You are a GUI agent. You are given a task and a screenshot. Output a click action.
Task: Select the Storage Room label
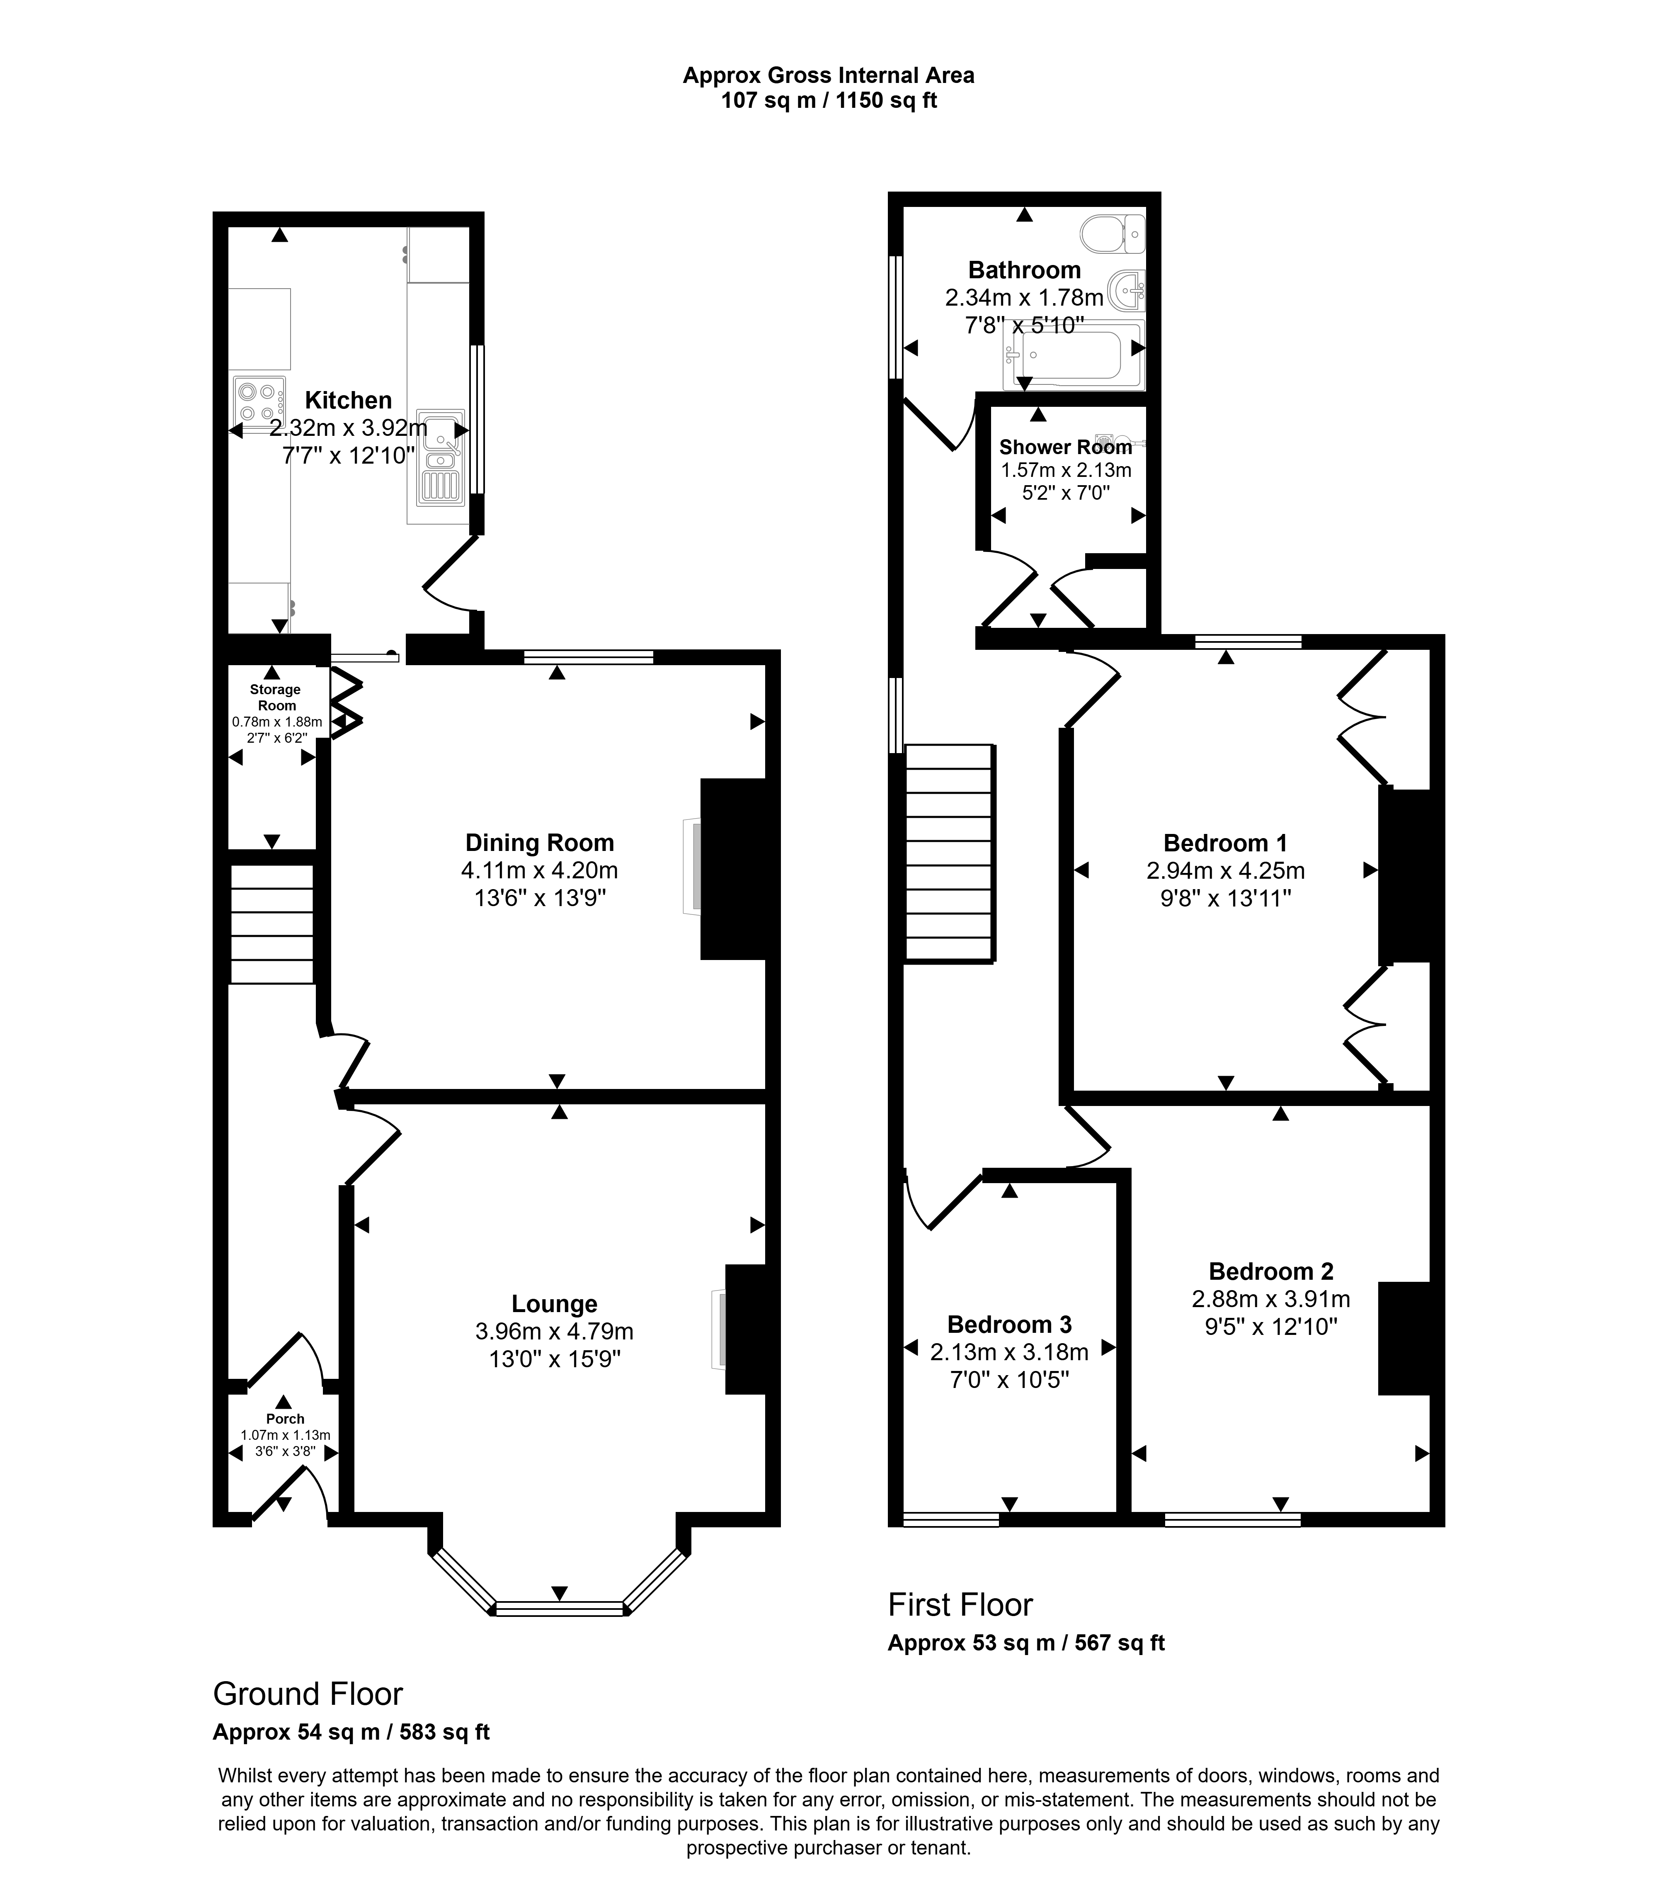pos(276,698)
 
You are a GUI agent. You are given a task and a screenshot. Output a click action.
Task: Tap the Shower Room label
pos(1065,448)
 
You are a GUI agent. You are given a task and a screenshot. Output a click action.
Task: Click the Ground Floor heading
pos(308,1694)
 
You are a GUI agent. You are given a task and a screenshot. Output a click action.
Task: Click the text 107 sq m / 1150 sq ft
pos(829,101)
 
